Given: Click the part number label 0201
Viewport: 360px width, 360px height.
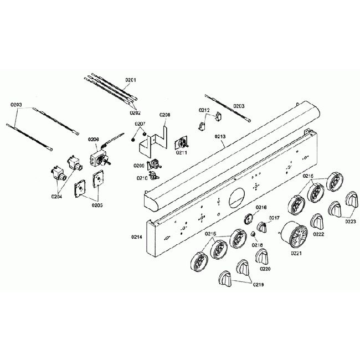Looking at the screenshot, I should tap(131, 80).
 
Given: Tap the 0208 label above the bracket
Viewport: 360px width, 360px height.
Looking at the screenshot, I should tap(165, 115).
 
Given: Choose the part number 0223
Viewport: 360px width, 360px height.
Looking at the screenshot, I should tap(349, 222).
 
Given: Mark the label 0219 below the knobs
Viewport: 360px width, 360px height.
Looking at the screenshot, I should tap(260, 285).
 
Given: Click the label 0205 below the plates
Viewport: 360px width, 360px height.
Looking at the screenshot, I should tap(97, 205).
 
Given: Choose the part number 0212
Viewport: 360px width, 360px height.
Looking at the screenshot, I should tap(204, 110).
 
